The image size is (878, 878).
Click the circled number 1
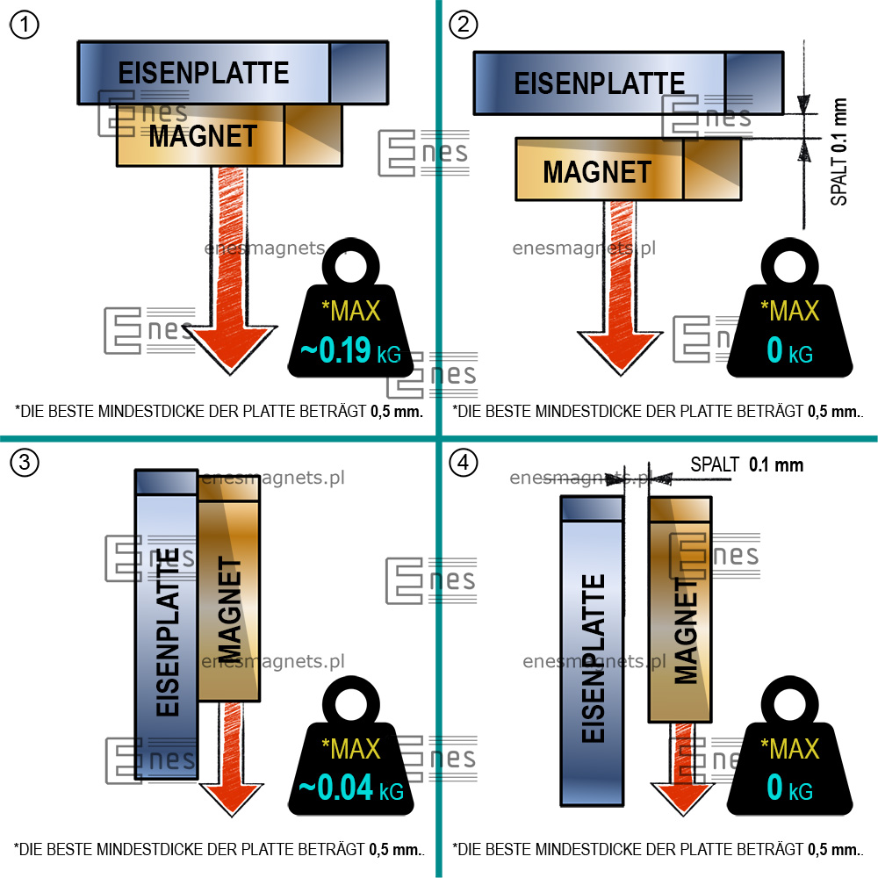(x=24, y=25)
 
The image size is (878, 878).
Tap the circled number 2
(x=463, y=25)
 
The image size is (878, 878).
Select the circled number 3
(x=24, y=463)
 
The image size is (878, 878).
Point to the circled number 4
(x=463, y=463)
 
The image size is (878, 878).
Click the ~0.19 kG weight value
(x=350, y=352)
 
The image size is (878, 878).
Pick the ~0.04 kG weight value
(x=350, y=788)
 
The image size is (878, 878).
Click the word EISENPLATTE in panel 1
(x=204, y=72)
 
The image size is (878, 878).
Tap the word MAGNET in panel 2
(x=597, y=171)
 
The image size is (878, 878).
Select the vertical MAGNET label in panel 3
(x=228, y=609)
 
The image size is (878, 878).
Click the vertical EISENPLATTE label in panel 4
(x=594, y=658)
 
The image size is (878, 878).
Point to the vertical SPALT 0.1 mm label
(x=840, y=152)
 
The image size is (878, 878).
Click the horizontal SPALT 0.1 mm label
(x=746, y=464)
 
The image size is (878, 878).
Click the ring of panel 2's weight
(x=790, y=263)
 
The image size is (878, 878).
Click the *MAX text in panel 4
(x=789, y=749)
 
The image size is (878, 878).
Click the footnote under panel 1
(x=219, y=410)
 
